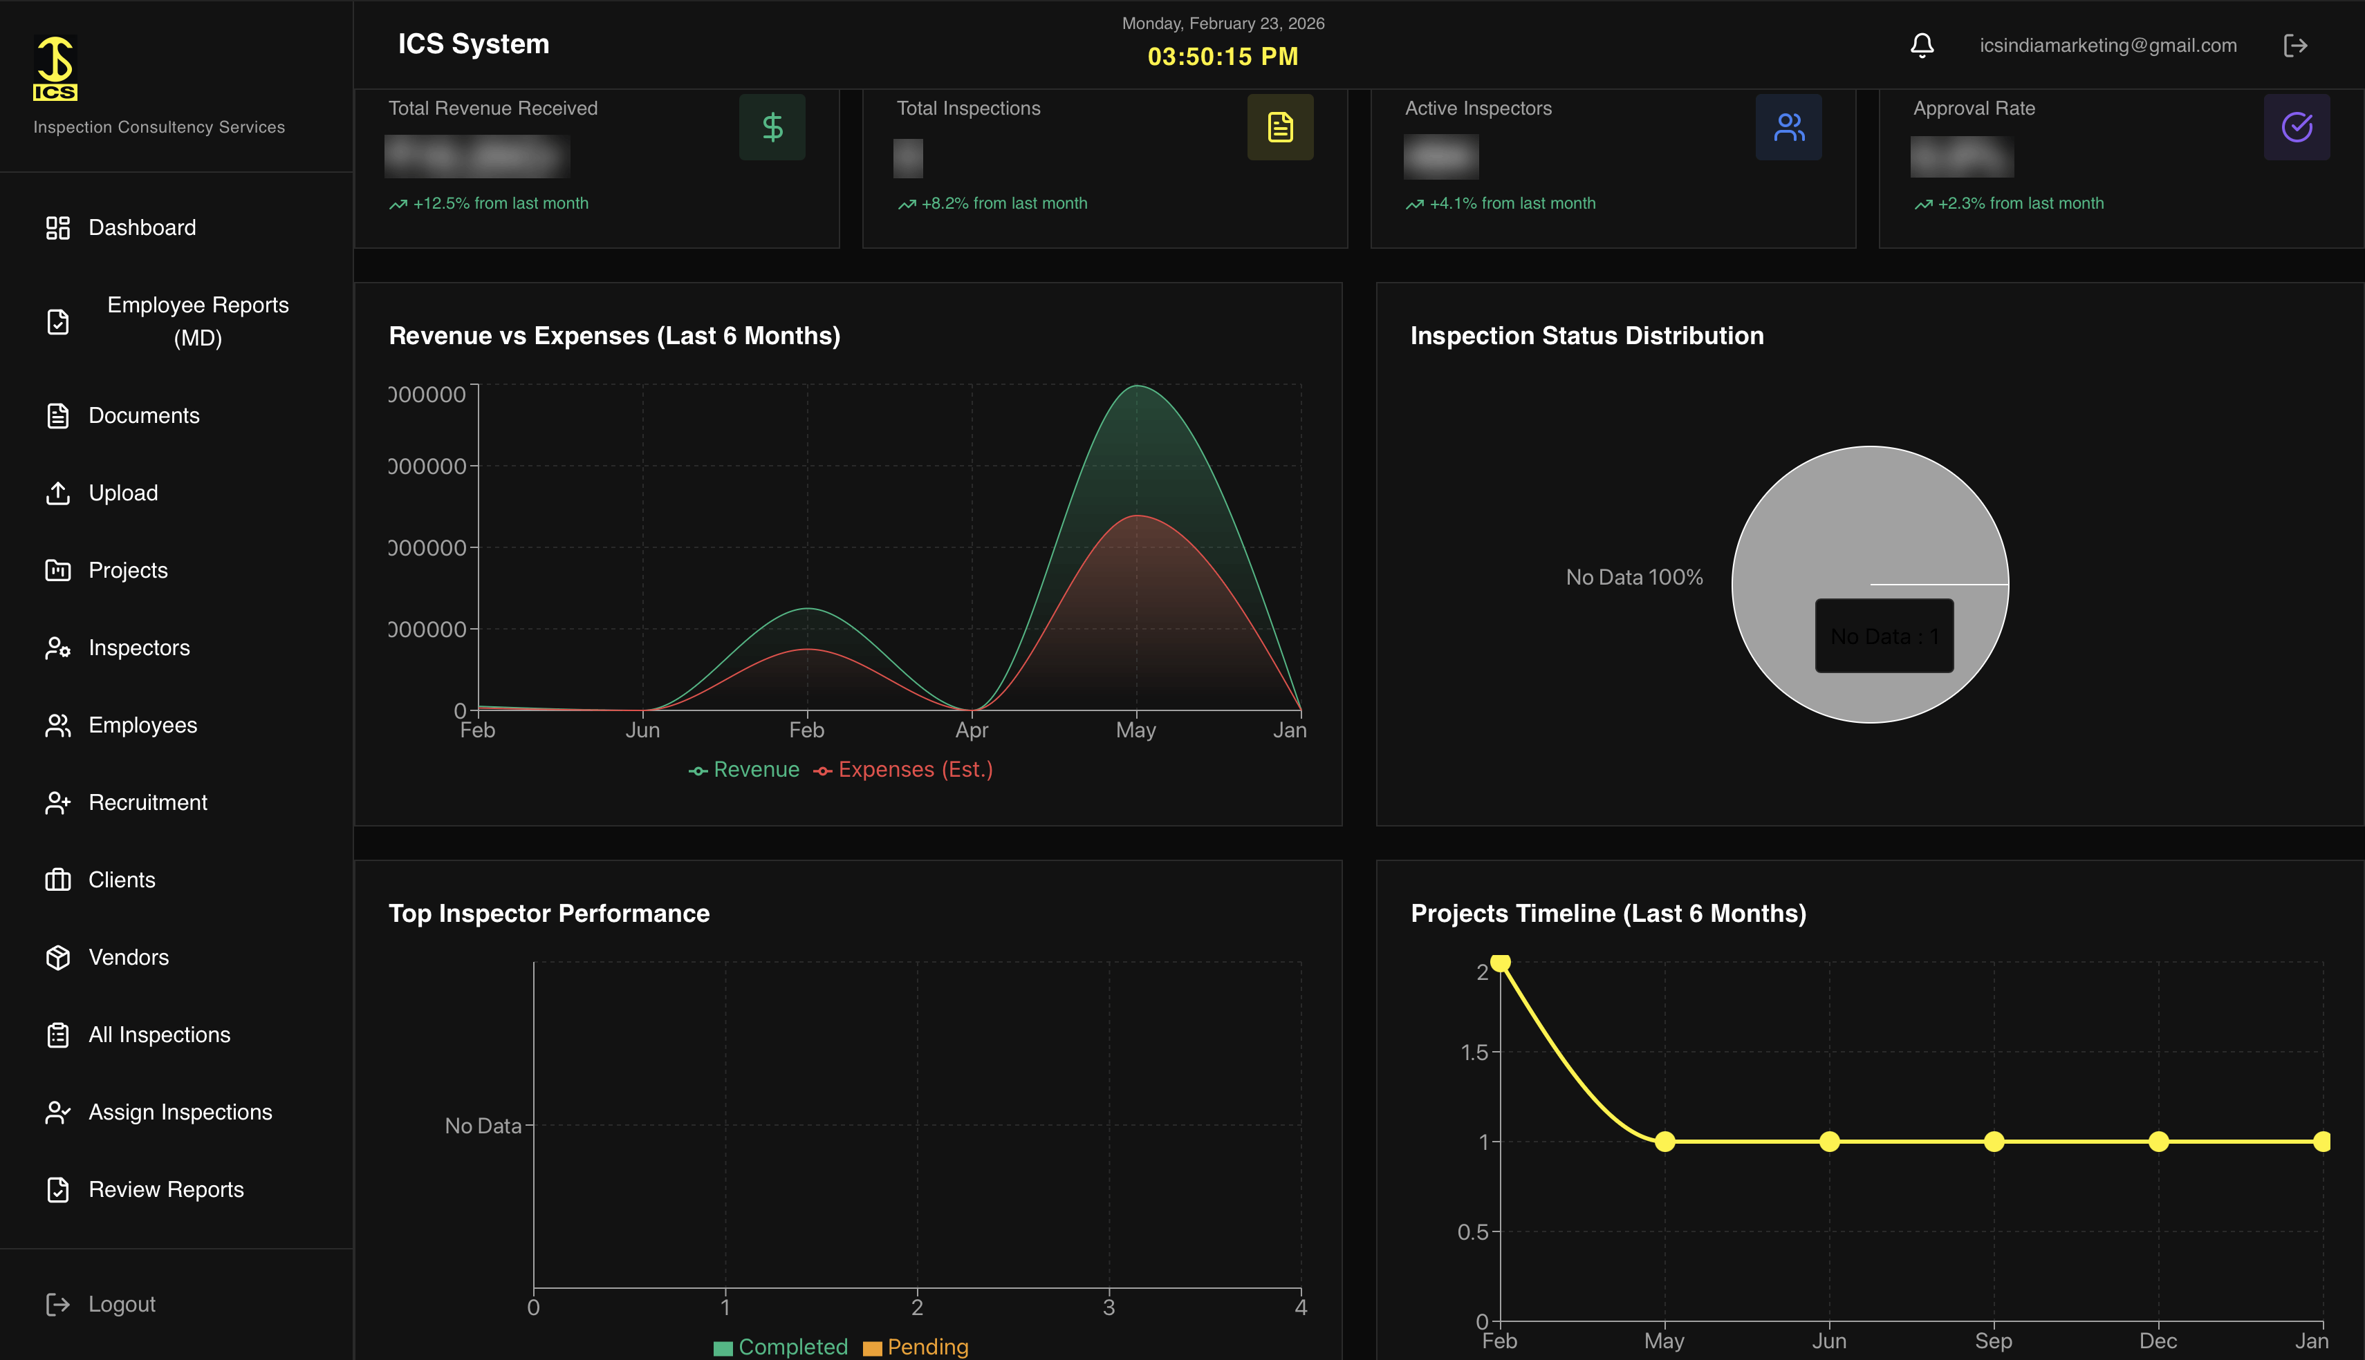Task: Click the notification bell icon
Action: pos(1921,45)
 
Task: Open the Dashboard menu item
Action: pos(141,228)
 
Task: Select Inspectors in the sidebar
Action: pos(138,648)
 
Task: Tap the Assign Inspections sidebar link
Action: pos(179,1111)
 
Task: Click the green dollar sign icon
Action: pos(772,127)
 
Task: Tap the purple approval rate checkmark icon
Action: pos(2296,127)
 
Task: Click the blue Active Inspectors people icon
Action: pos(1788,127)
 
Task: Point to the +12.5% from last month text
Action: pos(500,204)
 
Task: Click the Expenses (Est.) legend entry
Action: pos(914,770)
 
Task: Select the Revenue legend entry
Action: pos(755,770)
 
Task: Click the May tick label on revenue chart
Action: pos(1135,730)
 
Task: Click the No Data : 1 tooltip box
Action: pos(1884,636)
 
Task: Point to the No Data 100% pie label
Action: pos(1633,577)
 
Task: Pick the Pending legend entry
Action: pos(926,1346)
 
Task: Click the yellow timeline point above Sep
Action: pos(1993,1142)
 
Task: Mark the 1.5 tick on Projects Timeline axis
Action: pos(1474,1052)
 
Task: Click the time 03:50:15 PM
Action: pos(1222,57)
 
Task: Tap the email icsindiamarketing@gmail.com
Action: pos(2107,45)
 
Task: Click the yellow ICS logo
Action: pos(55,68)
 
